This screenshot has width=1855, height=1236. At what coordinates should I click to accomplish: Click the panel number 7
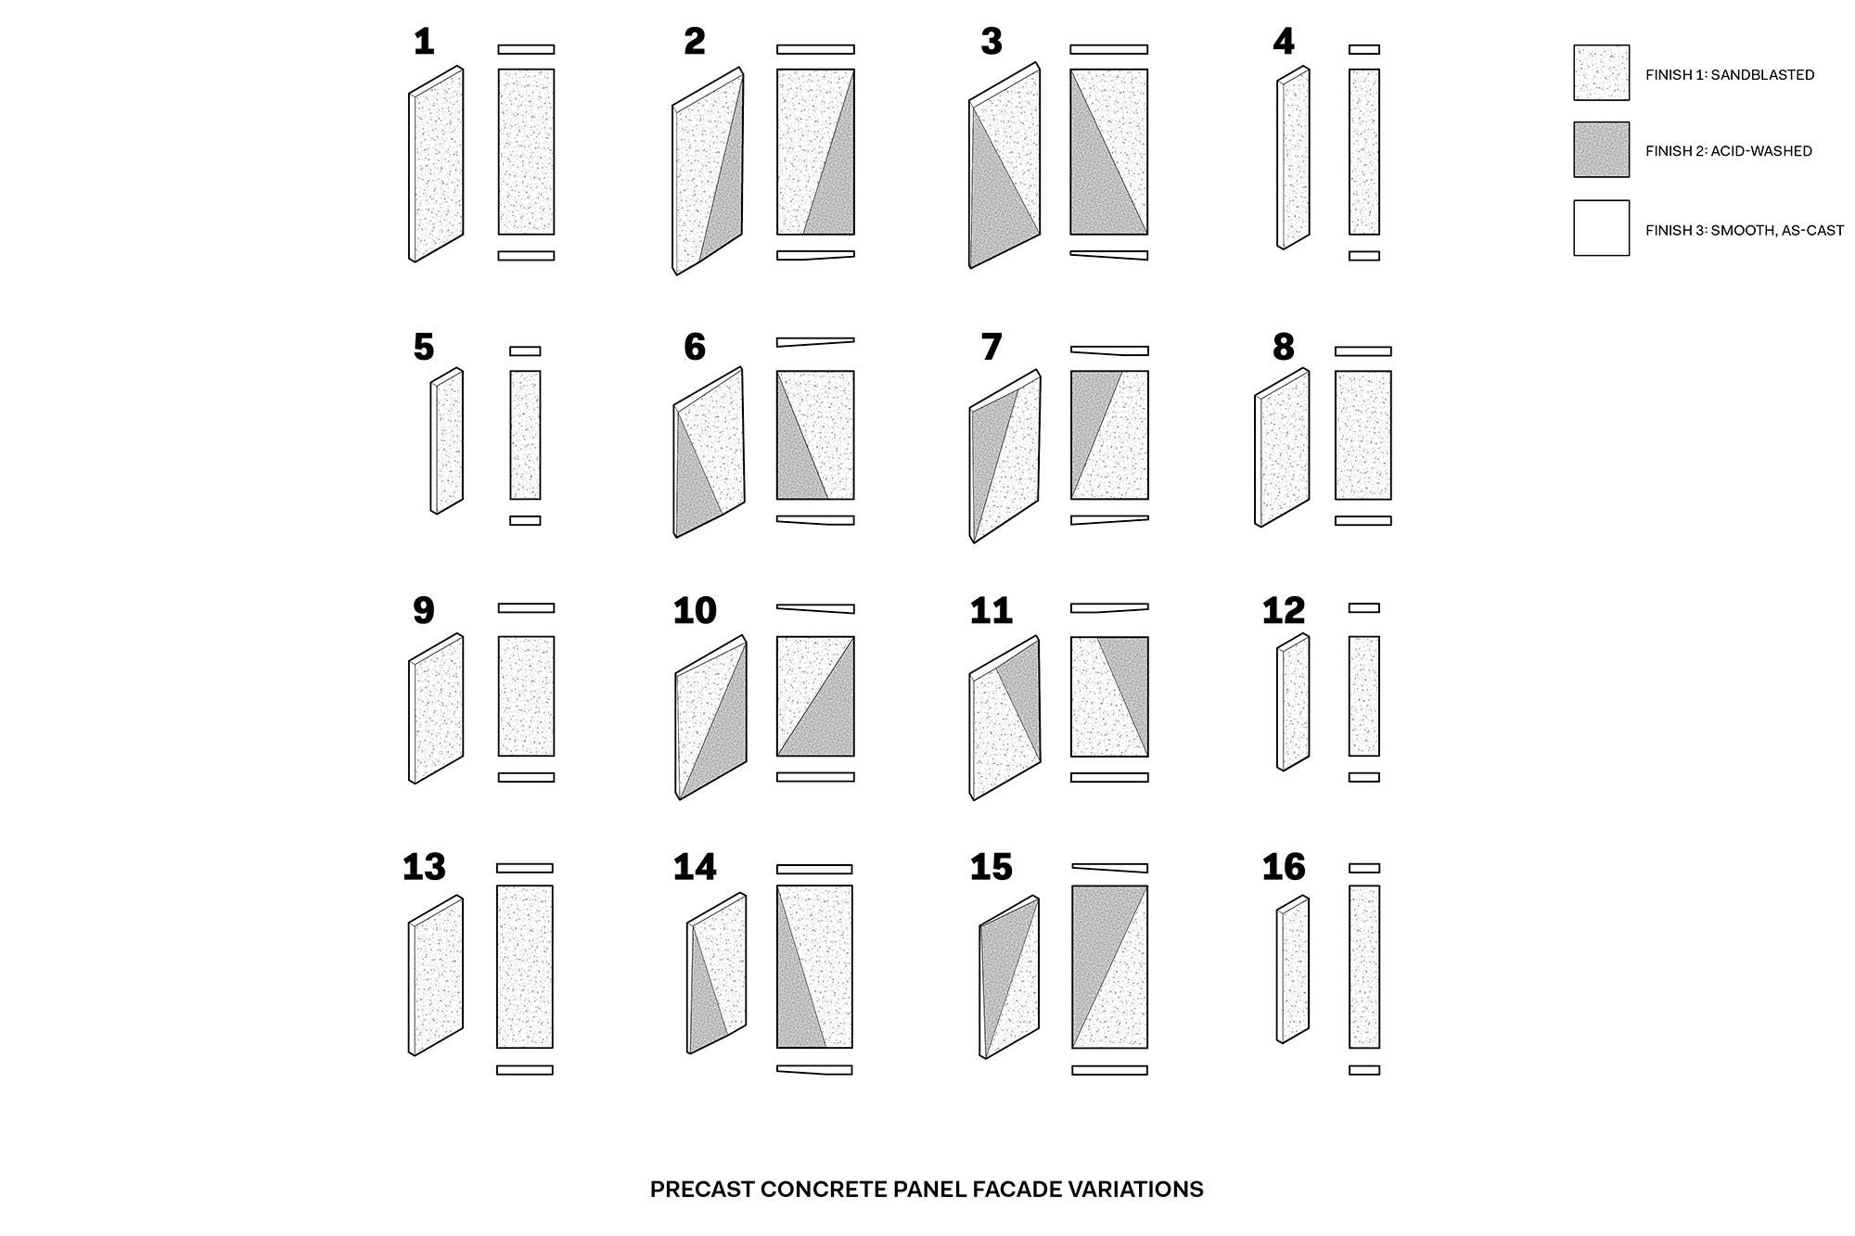(991, 348)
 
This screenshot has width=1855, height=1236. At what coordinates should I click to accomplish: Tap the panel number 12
(1283, 611)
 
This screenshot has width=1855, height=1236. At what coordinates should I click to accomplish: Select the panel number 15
(991, 868)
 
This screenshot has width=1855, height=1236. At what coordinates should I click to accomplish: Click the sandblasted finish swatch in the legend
(1601, 72)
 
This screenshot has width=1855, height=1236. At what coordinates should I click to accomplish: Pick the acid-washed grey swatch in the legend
(1601, 149)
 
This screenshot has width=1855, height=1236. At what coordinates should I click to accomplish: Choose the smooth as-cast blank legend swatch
(1601, 228)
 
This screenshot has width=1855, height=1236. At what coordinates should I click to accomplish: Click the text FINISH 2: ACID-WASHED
(1728, 151)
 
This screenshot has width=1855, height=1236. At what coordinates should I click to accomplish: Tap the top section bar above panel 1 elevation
(526, 49)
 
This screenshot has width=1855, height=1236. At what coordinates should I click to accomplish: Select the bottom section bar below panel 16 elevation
(1363, 1070)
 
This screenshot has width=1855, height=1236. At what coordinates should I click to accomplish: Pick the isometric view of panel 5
(447, 441)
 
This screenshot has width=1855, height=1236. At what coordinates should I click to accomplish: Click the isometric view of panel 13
(436, 975)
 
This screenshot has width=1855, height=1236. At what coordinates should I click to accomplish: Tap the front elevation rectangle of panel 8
(1362, 435)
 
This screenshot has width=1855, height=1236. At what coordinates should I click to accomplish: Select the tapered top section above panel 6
(813, 342)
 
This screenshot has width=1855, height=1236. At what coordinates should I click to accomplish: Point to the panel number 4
(1283, 42)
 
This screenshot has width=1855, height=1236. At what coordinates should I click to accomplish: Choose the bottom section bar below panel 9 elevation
(526, 777)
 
